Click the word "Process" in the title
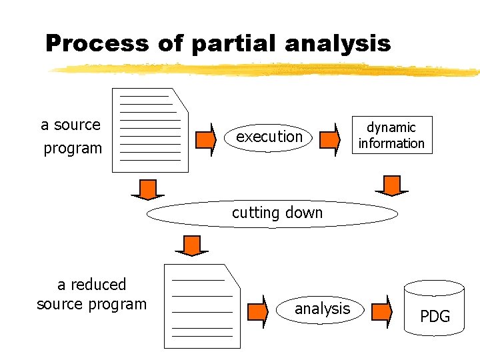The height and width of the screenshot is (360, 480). [98, 44]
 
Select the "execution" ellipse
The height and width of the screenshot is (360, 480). [269, 137]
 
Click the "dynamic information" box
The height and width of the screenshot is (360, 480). [391, 135]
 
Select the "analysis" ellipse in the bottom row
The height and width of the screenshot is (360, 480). [322, 309]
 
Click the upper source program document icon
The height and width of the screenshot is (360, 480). [150, 130]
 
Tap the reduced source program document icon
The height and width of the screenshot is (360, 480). [202, 307]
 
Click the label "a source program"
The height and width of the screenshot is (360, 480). [71, 136]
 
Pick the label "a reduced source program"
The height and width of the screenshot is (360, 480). [91, 294]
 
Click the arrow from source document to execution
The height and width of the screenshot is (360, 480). [207, 139]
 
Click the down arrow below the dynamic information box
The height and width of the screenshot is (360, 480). [392, 185]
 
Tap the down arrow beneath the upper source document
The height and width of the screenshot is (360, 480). [147, 189]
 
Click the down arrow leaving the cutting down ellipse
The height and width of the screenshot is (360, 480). [192, 245]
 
